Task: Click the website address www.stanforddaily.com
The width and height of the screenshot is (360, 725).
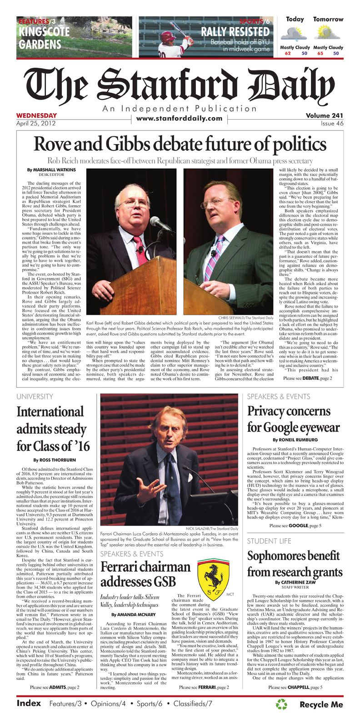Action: pos(180,119)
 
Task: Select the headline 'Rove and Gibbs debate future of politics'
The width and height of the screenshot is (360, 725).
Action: pos(180,145)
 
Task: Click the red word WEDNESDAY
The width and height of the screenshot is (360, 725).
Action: pos(36,115)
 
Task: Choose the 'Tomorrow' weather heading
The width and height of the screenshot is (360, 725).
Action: pos(328,20)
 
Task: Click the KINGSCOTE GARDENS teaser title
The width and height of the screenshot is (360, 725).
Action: pos(44,38)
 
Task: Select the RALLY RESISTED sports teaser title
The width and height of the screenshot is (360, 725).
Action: pos(235,32)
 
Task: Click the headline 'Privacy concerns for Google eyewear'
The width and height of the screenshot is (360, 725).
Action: pos(293,419)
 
